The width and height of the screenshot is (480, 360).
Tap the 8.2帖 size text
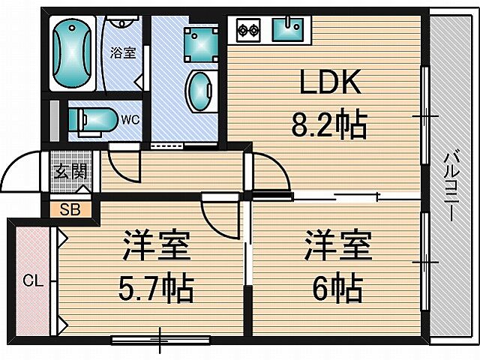(x=330, y=124)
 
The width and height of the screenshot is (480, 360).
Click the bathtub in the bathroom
(x=73, y=52)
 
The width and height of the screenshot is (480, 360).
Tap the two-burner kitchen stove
(x=248, y=31)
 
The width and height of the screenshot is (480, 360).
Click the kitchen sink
(x=286, y=31)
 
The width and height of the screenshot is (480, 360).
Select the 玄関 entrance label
(x=70, y=170)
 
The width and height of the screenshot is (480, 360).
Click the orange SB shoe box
(x=70, y=208)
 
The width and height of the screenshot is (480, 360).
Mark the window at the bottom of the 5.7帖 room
(x=160, y=340)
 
